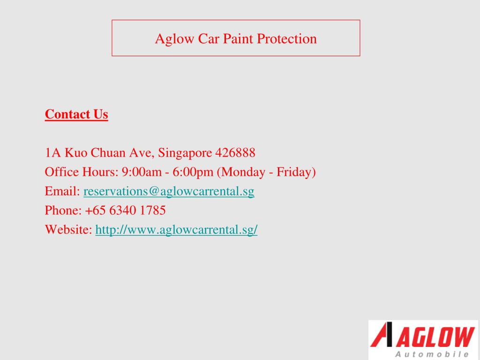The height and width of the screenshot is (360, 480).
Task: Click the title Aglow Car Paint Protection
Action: tap(236, 38)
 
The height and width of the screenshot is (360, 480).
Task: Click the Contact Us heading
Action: tap(76, 114)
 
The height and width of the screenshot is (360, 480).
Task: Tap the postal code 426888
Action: tap(235, 153)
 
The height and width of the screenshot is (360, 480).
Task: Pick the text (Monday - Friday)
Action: tap(266, 172)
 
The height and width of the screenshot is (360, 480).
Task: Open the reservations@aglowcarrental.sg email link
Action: tap(169, 191)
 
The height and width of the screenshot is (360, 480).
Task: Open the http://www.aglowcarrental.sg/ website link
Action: tap(176, 230)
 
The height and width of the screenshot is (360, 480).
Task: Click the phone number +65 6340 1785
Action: tap(125, 210)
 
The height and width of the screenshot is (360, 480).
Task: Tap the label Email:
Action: tap(62, 191)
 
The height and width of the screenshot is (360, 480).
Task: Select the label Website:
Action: tap(68, 230)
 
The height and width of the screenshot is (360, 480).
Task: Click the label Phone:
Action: tap(63, 210)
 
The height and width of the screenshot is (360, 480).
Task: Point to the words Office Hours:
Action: tap(82, 172)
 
